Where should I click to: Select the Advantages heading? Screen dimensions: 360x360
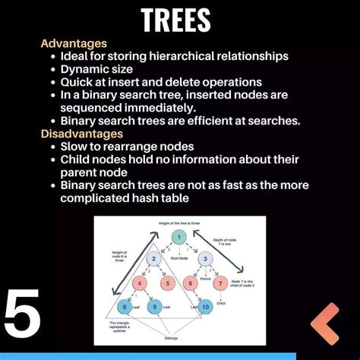[x=74, y=43]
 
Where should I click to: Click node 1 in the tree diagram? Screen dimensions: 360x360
[x=179, y=238]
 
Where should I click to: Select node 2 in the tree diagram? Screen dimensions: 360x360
[x=153, y=259]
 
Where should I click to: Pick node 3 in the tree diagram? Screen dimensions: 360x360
[x=204, y=259]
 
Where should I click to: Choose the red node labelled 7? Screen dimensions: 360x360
[x=220, y=283]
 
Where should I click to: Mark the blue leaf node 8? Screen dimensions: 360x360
[x=126, y=307]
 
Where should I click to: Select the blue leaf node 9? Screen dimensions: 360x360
[x=155, y=307]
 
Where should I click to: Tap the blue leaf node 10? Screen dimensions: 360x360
[x=205, y=307]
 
